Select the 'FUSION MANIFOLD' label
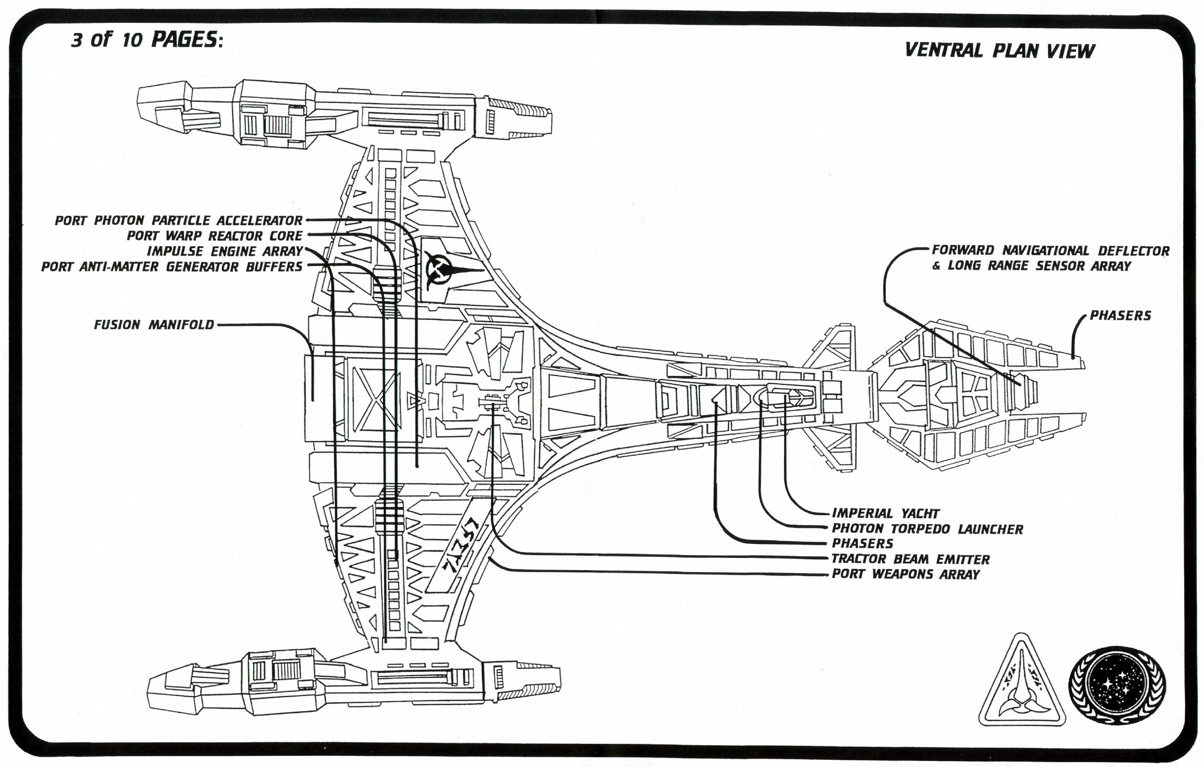pyautogui.click(x=154, y=325)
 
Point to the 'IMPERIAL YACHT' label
pyautogui.click(x=885, y=513)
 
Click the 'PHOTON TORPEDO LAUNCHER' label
pyautogui.click(x=927, y=529)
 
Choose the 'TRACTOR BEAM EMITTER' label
pyautogui.click(x=911, y=559)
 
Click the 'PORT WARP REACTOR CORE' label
pyautogui.click(x=214, y=236)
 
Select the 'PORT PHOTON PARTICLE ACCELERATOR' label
pyautogui.click(x=178, y=220)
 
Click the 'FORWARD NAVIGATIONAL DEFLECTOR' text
pyautogui.click(x=1050, y=251)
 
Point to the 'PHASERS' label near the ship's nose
pyautogui.click(x=1120, y=316)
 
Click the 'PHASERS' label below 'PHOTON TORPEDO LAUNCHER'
pyautogui.click(x=862, y=544)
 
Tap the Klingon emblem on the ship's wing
pyautogui.click(x=442, y=270)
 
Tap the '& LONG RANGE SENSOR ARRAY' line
pyautogui.click(x=1032, y=266)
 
